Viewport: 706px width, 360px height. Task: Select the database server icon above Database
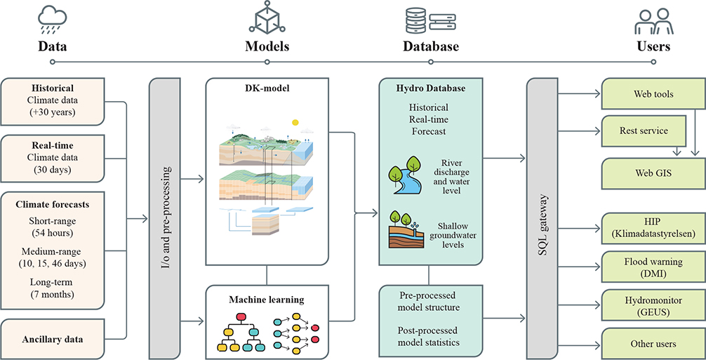pyautogui.click(x=430, y=19)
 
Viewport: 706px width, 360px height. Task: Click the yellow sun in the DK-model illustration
pyautogui.click(x=295, y=122)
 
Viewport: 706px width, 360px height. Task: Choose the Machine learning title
pyautogui.click(x=266, y=300)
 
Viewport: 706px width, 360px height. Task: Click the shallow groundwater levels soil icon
pyautogui.click(x=405, y=232)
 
